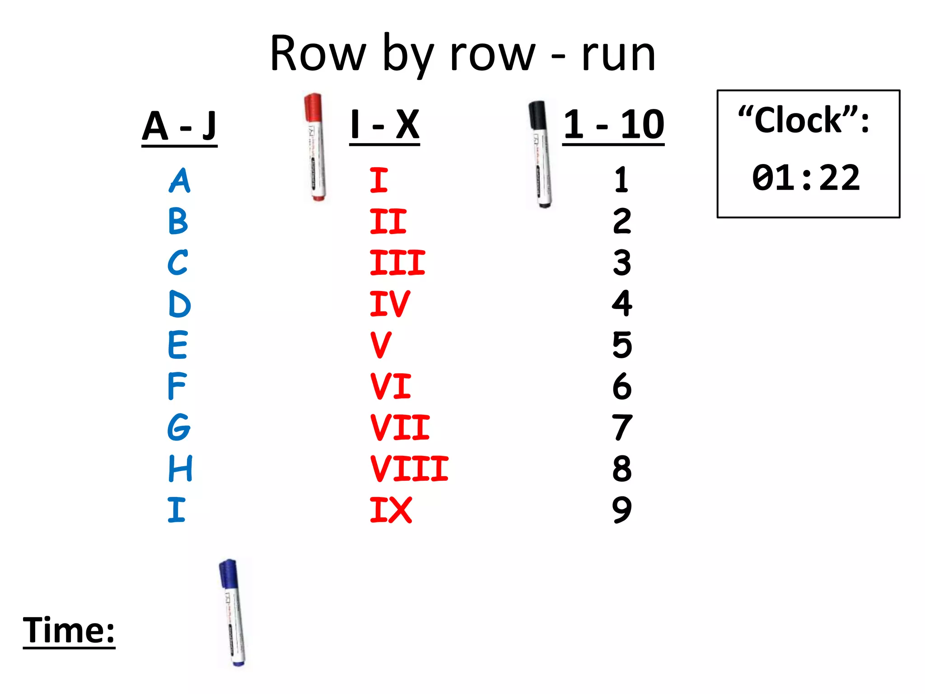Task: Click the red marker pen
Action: (x=315, y=147)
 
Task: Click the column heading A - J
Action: (x=179, y=126)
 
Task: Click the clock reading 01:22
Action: (x=806, y=178)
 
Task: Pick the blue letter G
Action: (x=179, y=427)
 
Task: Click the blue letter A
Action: (x=180, y=180)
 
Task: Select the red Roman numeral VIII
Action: (x=409, y=469)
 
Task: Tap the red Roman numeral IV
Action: (x=389, y=304)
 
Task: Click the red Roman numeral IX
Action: (x=391, y=510)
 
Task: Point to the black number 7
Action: (x=622, y=427)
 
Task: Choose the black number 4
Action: (x=622, y=304)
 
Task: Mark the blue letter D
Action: (x=179, y=304)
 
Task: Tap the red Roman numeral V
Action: (x=381, y=345)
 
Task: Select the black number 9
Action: (x=622, y=510)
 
